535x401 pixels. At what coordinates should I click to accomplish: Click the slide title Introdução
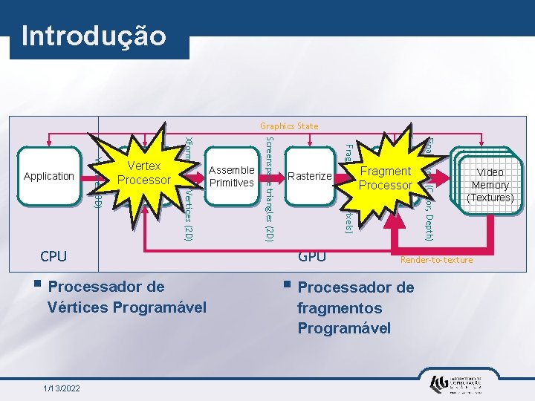tap(94, 35)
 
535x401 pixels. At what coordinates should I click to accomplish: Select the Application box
tap(49, 177)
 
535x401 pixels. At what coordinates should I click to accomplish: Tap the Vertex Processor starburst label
tap(144, 173)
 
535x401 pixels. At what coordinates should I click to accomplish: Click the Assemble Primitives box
tap(231, 176)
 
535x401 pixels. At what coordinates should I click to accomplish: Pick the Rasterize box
tap(309, 176)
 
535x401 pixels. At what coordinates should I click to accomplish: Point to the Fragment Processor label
tap(385, 178)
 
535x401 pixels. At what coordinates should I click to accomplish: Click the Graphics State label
tap(289, 126)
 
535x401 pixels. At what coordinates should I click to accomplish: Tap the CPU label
tap(53, 257)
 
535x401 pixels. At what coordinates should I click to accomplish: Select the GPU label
tap(311, 257)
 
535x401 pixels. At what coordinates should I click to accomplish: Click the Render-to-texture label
tap(436, 260)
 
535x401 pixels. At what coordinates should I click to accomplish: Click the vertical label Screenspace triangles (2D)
tap(270, 189)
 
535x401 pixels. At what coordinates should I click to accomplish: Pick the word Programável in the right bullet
tap(344, 327)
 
